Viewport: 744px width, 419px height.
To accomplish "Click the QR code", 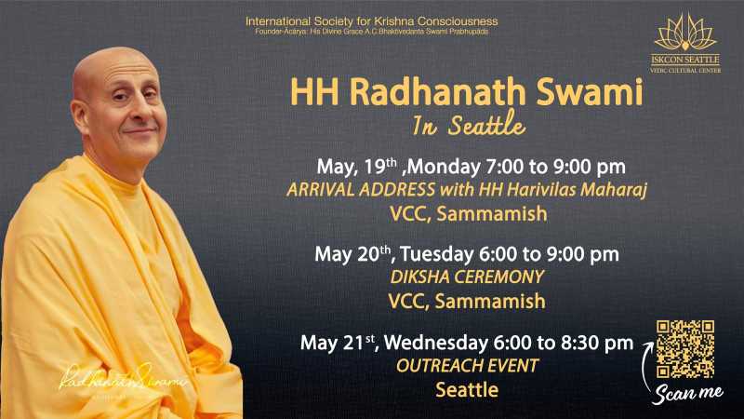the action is tap(685, 349).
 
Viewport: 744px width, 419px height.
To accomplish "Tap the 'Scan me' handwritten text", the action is tap(688, 394).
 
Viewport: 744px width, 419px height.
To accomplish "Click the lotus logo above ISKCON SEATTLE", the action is tap(685, 33).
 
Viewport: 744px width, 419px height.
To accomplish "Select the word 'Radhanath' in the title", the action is tap(439, 91).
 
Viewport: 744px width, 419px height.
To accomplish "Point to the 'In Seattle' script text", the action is tap(469, 124).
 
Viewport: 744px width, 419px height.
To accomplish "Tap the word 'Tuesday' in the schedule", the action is tap(435, 254).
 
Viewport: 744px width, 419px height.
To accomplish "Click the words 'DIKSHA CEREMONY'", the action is tap(467, 277).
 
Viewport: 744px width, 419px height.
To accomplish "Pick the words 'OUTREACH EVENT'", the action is tap(468, 366).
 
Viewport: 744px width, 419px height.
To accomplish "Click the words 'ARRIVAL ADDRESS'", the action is tap(361, 190).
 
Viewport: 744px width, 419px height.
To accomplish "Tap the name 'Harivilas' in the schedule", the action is tap(540, 190).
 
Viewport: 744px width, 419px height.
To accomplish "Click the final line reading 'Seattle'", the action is tap(467, 390).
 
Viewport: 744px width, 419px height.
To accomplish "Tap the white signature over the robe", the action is tap(123, 378).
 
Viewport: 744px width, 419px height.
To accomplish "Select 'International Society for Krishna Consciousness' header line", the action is tap(371, 21).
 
